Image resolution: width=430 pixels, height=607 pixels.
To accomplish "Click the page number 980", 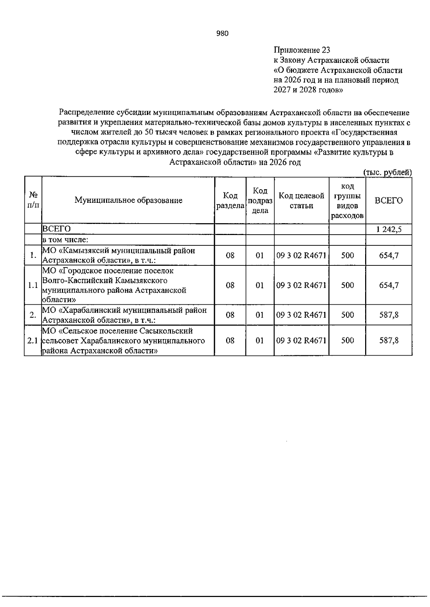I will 222,34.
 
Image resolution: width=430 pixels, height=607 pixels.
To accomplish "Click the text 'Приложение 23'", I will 302,50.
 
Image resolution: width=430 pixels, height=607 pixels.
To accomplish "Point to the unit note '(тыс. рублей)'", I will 387,172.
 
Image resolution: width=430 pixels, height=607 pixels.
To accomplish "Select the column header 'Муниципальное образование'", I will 128,200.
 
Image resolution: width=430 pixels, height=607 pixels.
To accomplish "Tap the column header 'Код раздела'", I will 230,201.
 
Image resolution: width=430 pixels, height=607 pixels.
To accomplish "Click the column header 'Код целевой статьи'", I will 301,201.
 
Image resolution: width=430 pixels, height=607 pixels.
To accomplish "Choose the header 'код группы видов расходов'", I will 347,201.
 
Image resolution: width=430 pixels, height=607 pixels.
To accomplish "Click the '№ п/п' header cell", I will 33,200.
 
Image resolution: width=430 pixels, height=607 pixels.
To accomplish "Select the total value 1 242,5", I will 389,229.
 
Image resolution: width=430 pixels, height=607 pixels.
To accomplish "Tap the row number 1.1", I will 33,285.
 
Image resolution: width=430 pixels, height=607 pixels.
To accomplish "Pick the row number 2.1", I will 33,341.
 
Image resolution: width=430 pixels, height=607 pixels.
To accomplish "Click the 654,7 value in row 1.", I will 389,255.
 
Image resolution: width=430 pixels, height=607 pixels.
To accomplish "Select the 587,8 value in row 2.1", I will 389,341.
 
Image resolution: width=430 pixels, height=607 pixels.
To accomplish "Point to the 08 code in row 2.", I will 230,315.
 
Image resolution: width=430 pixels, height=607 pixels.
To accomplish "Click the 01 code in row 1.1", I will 260,285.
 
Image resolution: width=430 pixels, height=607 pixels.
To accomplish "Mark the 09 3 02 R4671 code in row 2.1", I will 301,341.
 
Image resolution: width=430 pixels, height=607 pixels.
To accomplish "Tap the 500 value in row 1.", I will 347,255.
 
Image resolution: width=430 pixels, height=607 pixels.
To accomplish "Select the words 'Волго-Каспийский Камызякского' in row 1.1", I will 105,280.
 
